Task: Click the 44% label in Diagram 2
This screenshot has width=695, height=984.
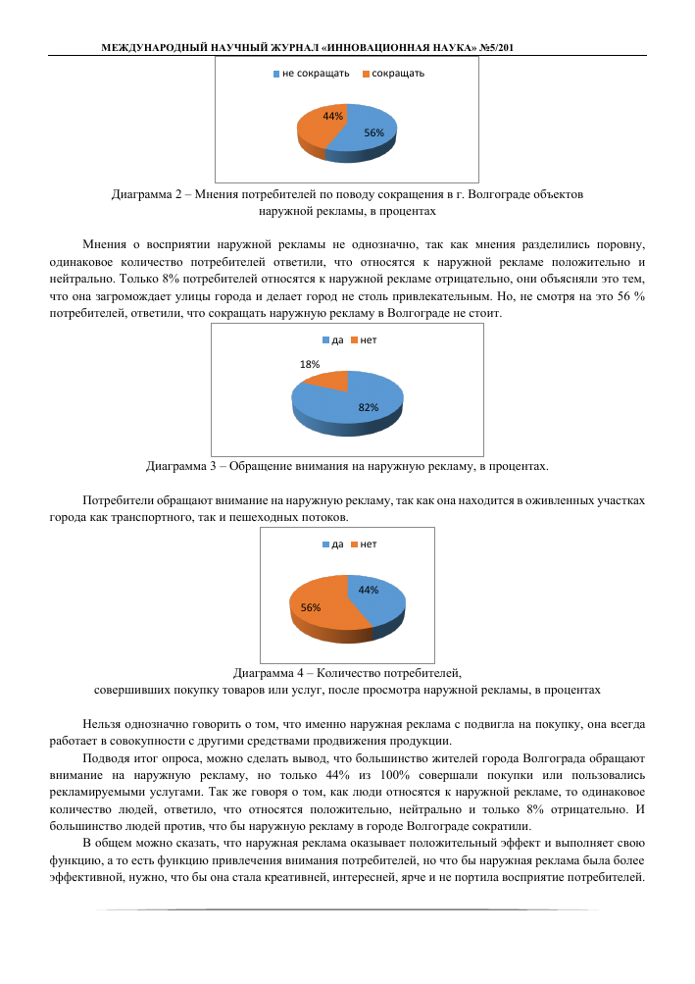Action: [332, 116]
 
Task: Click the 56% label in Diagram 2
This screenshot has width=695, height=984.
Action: [373, 131]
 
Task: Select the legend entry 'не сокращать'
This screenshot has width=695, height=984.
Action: [308, 74]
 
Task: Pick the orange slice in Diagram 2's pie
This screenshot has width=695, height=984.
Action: [319, 128]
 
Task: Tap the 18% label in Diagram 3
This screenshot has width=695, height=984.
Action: [309, 363]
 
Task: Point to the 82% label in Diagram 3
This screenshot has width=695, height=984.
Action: [369, 406]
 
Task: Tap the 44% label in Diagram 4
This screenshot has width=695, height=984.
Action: [369, 590]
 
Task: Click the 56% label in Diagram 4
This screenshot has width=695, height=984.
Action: [311, 607]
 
